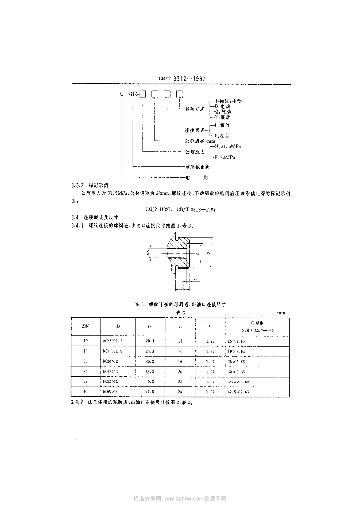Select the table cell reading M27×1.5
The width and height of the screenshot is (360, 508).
pos(114,341)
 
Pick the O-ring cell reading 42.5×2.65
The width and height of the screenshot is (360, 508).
pos(252,391)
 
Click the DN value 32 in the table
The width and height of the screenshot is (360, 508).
pos(85,381)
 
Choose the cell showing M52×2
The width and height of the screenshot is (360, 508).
pos(113,381)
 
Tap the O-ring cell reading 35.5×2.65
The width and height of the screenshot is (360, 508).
pos(252,381)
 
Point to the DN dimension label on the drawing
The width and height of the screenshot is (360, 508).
pos(148,253)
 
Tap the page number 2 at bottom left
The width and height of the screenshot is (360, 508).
pos(74,440)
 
